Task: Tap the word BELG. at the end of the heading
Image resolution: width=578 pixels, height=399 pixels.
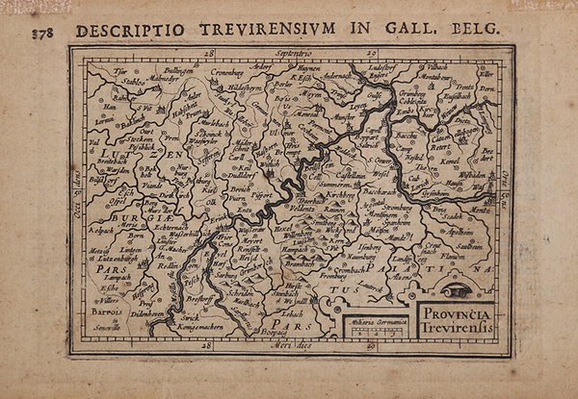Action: (479, 28)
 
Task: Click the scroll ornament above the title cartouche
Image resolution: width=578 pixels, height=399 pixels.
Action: (461, 289)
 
